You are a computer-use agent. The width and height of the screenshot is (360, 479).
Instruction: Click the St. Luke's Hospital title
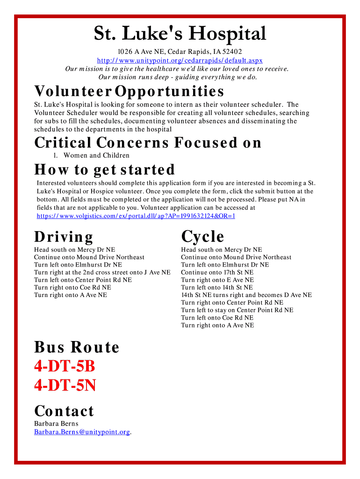tap(180, 34)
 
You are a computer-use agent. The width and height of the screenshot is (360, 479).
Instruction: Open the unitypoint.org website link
tap(180, 60)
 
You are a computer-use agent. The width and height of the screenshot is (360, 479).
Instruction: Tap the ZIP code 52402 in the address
tap(232, 51)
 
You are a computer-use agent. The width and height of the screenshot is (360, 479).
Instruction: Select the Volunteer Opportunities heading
tap(129, 91)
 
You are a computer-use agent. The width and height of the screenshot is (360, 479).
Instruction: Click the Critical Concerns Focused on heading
tap(148, 142)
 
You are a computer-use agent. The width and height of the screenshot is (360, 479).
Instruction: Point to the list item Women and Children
tap(96, 155)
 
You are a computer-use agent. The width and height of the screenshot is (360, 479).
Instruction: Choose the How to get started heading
tap(105, 169)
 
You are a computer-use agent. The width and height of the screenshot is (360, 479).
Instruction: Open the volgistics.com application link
tap(136, 216)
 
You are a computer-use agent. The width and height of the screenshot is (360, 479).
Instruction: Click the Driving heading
tap(64, 237)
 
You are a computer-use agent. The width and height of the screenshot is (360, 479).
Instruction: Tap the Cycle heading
tap(202, 237)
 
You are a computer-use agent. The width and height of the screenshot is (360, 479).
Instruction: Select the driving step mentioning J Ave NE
tap(102, 272)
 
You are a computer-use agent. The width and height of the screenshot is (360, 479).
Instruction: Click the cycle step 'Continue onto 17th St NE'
tap(217, 272)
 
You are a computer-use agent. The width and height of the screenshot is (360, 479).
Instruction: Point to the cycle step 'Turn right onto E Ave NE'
tap(217, 280)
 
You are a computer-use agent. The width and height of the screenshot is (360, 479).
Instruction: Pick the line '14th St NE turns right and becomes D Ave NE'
tap(246, 295)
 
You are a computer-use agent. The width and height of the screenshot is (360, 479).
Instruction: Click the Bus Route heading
tap(77, 347)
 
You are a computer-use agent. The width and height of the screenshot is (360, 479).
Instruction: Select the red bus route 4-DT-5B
tap(65, 367)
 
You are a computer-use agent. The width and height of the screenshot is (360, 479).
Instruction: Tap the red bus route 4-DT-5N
tap(65, 385)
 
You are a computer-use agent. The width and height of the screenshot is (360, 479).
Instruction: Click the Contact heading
tap(64, 411)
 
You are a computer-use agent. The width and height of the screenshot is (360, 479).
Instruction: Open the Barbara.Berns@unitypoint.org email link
tap(82, 432)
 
